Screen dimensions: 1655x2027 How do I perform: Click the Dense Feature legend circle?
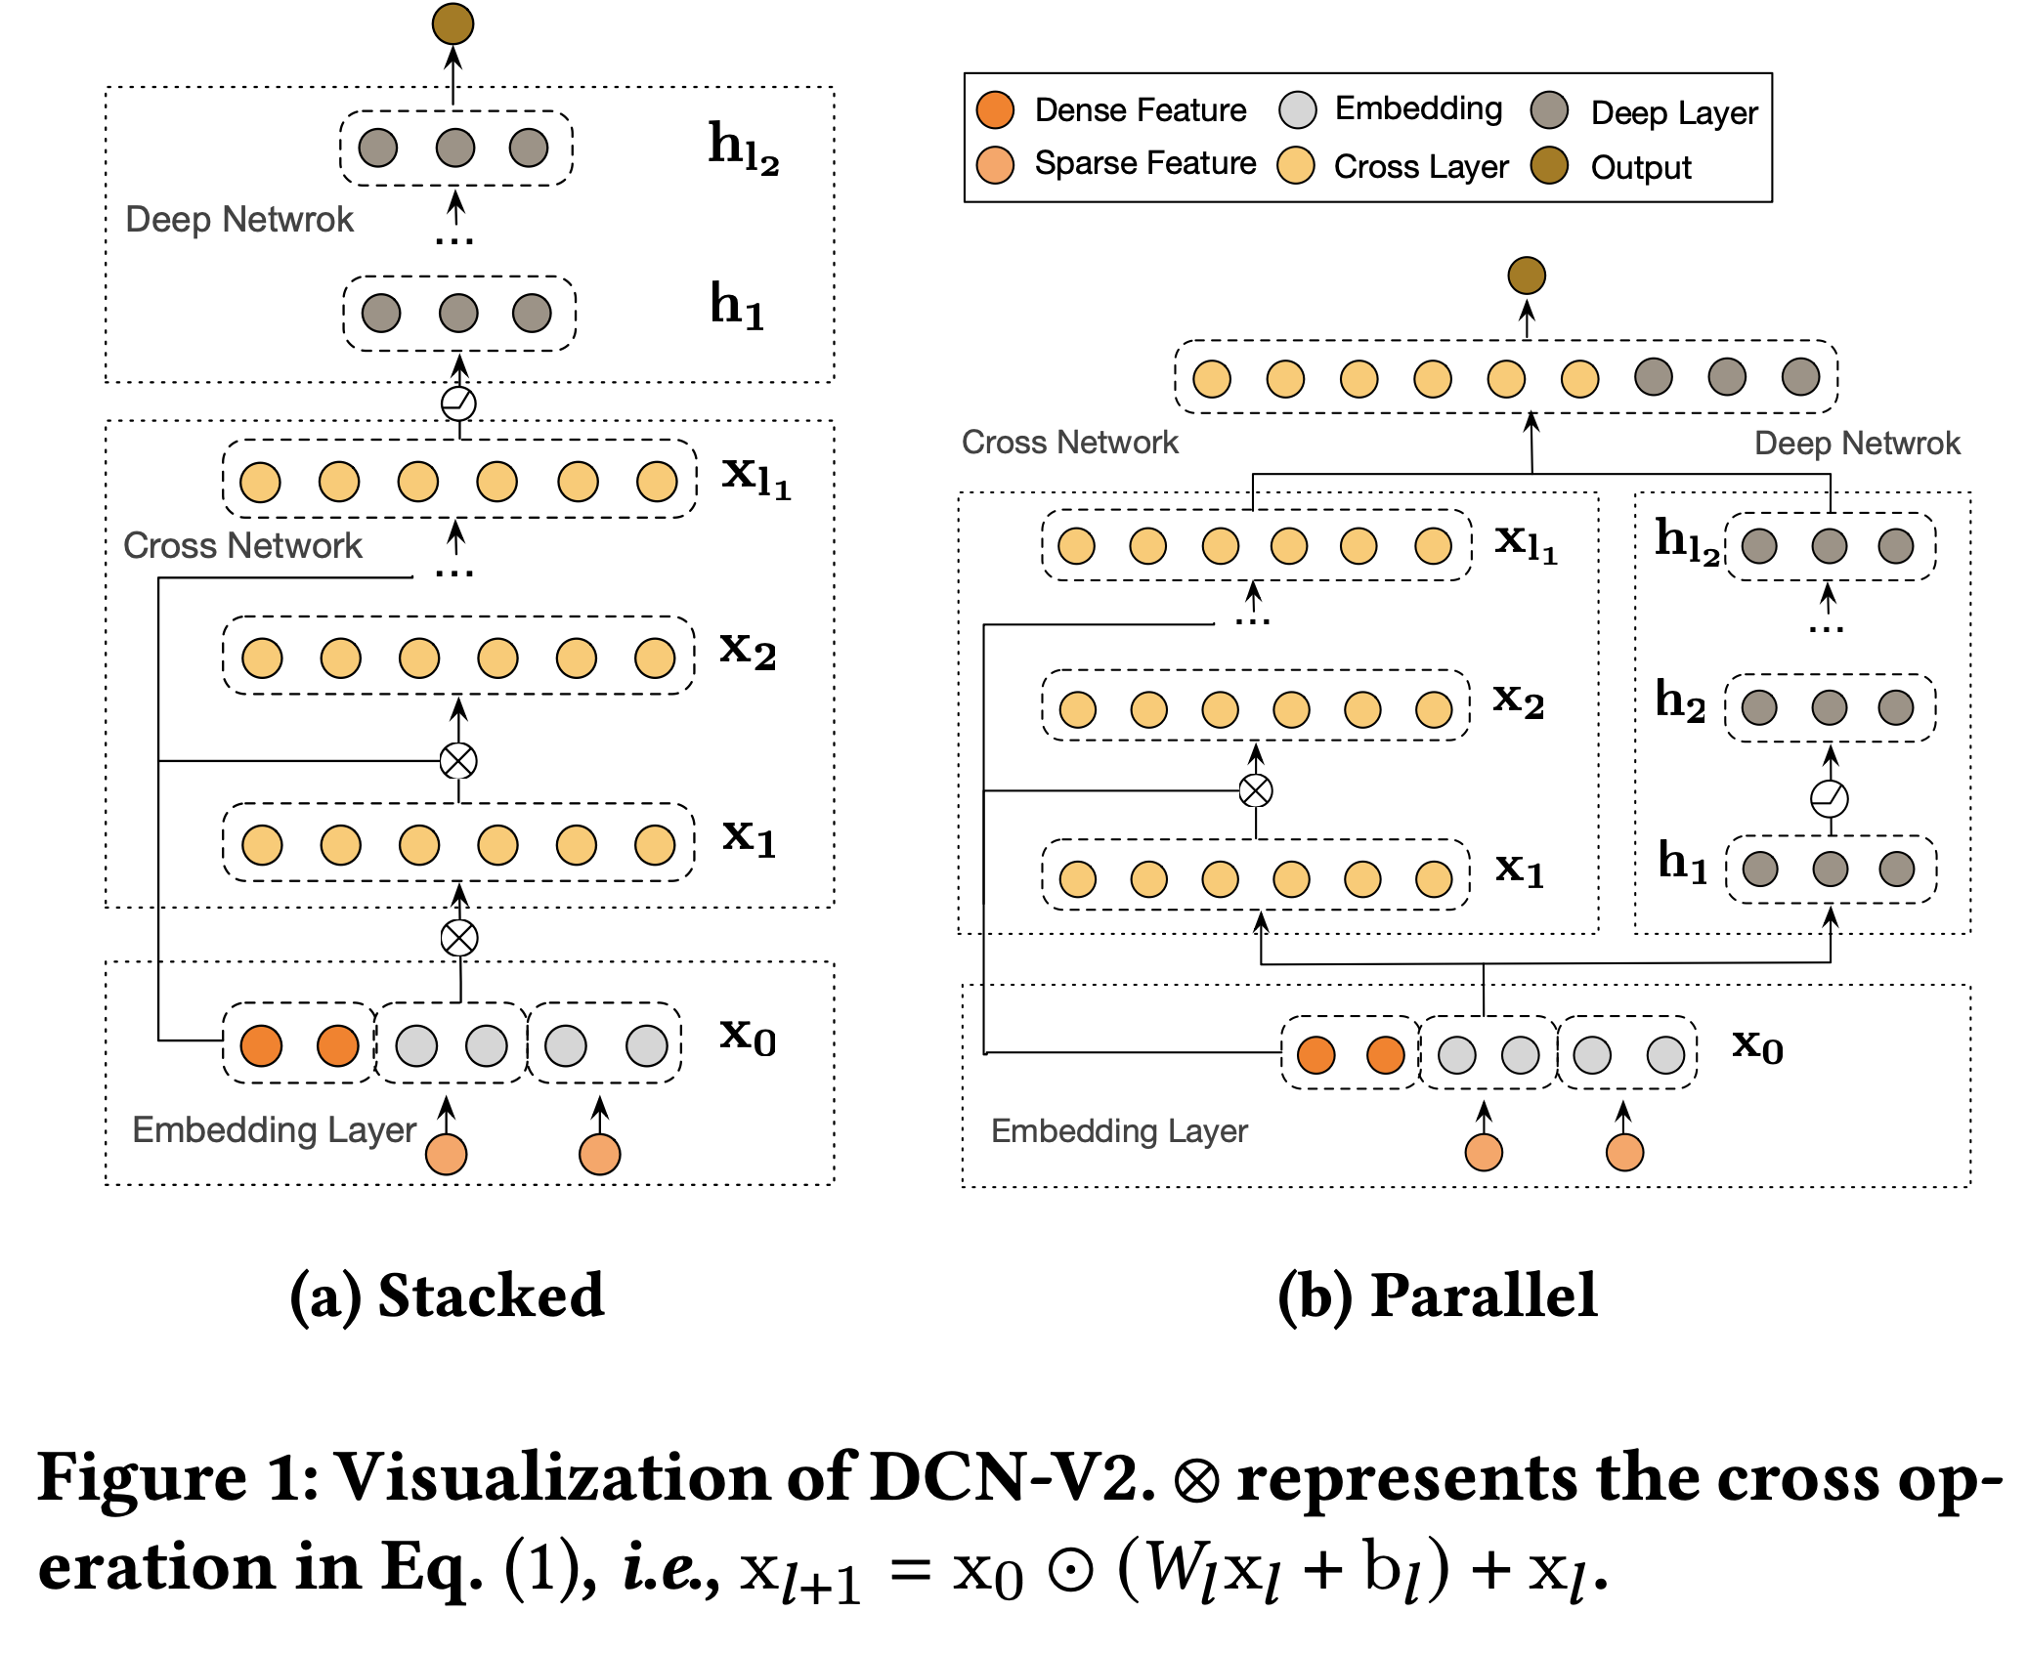click(x=995, y=109)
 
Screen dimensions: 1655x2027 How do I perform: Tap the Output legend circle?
click(x=1549, y=166)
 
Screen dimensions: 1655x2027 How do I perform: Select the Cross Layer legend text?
click(x=1421, y=167)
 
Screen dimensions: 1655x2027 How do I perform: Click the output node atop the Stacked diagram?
click(x=453, y=23)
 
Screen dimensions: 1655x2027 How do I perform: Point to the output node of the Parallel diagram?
click(x=1526, y=276)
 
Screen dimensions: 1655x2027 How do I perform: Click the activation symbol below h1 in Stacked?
click(x=458, y=403)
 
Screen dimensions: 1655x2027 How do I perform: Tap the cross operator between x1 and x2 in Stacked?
click(x=458, y=760)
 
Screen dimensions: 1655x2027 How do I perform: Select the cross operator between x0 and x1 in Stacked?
click(x=459, y=938)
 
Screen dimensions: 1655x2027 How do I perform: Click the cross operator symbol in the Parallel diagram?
click(x=1256, y=790)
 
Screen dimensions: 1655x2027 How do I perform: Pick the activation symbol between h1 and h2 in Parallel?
click(x=1830, y=798)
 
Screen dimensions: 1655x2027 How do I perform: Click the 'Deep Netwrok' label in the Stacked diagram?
click(x=239, y=220)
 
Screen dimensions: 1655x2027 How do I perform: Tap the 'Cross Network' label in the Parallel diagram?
click(x=1070, y=443)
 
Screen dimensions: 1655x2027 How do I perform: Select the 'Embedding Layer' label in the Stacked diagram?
click(x=275, y=1130)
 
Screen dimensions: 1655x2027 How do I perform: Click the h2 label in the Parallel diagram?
click(x=1680, y=700)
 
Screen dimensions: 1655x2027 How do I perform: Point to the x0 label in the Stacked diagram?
click(x=748, y=1036)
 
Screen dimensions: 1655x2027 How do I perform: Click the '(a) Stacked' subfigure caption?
click(x=448, y=1295)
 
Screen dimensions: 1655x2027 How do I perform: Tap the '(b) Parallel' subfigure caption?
click(x=1438, y=1295)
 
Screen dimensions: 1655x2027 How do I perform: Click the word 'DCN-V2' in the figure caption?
click(x=1012, y=1476)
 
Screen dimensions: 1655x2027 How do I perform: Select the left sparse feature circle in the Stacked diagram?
click(x=447, y=1154)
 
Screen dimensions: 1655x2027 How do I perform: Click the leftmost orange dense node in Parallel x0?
click(x=1316, y=1055)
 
